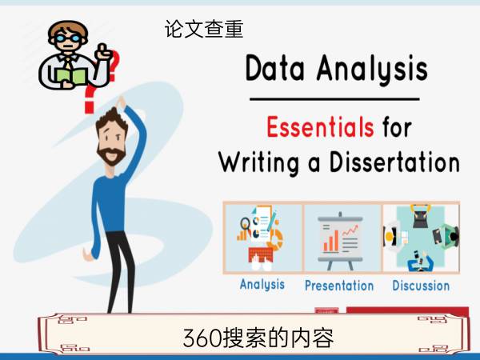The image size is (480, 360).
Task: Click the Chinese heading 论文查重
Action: tap(204, 29)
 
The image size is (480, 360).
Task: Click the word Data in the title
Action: tap(275, 68)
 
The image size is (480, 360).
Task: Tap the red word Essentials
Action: tap(320, 126)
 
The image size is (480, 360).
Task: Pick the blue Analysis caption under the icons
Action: tap(262, 284)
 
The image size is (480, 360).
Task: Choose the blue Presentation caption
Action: tap(339, 286)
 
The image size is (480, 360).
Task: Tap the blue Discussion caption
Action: tap(421, 286)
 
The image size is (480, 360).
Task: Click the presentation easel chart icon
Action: tap(340, 241)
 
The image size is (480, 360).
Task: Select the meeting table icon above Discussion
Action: tap(422, 238)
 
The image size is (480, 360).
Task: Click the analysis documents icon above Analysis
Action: tap(261, 238)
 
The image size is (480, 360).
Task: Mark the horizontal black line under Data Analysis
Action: tap(334, 99)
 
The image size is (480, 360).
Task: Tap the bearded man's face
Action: tap(112, 139)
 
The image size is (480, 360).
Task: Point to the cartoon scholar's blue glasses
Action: tap(68, 38)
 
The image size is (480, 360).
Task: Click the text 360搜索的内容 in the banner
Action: tap(258, 338)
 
